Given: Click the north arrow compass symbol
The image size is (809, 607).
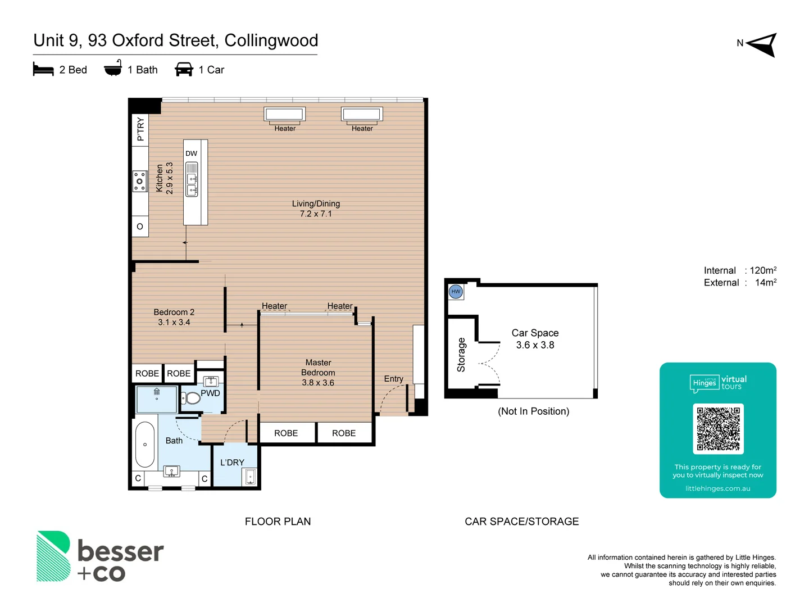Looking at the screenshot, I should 762,44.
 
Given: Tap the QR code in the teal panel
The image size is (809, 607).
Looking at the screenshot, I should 718,429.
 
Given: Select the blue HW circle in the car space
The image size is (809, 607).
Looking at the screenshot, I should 456,292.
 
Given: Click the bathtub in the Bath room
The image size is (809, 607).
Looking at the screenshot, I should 145,445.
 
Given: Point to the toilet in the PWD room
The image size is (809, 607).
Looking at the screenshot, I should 192,398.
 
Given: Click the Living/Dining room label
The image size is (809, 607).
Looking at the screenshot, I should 316,209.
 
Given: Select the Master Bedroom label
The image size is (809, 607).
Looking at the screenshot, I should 318,373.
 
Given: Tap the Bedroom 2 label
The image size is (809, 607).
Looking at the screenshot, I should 174,317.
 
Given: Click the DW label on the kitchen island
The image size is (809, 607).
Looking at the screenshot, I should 192,153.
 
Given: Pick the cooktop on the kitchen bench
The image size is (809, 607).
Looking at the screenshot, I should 139,182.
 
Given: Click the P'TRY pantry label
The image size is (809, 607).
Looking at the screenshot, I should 140,129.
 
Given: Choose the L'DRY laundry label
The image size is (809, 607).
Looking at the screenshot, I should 232,463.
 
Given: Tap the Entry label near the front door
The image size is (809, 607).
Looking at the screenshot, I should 393,379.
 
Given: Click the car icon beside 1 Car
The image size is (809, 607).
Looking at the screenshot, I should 184,70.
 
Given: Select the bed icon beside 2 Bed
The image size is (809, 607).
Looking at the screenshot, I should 43,70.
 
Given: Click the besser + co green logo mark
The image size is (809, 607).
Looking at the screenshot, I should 53,556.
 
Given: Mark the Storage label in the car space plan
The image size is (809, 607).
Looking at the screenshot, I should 461,355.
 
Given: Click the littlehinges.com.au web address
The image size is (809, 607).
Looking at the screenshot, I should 717,488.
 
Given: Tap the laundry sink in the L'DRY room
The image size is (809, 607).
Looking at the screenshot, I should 250,477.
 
